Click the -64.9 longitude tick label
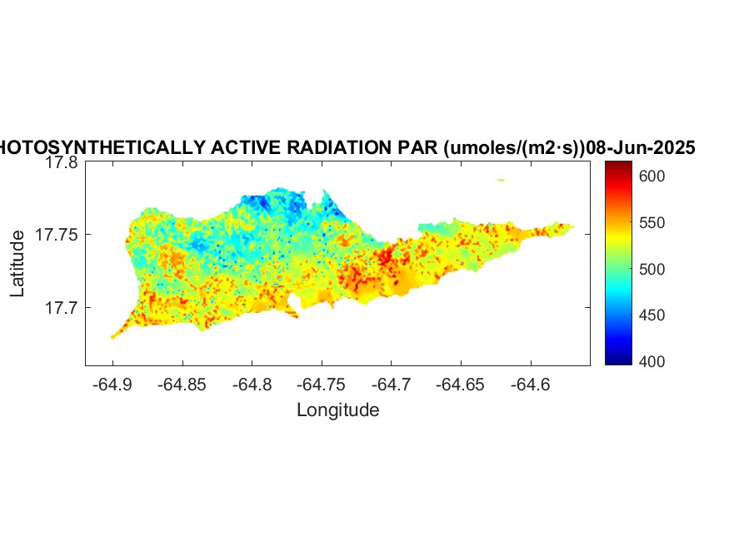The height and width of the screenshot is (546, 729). (x=113, y=385)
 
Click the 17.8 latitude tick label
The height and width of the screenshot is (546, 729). (x=61, y=163)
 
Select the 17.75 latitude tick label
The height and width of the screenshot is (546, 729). (x=57, y=236)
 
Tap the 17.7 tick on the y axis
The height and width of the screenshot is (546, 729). (x=61, y=308)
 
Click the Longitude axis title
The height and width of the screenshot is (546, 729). (x=338, y=409)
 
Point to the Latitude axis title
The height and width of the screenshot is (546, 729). (x=17, y=264)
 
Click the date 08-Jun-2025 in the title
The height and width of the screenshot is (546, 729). (x=641, y=148)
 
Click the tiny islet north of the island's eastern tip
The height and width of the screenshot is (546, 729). (x=501, y=179)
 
